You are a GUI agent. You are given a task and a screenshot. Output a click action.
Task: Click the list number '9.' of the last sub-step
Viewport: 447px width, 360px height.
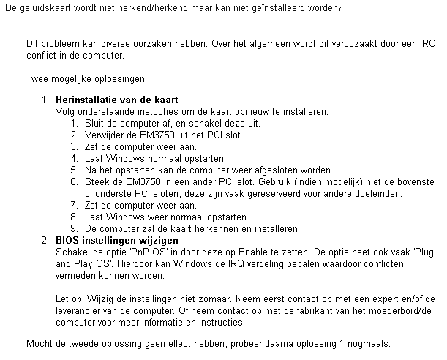(x=75, y=228)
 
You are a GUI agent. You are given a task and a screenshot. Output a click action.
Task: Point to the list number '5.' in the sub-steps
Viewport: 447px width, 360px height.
(x=75, y=169)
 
